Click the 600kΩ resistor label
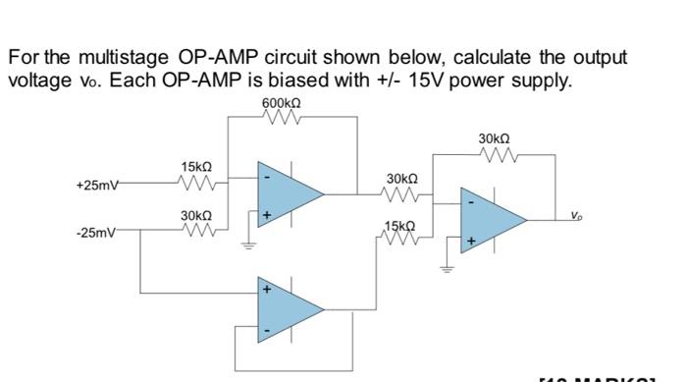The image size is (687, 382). click(281, 103)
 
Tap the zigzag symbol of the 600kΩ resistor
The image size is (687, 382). click(281, 118)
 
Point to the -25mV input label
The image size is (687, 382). click(96, 233)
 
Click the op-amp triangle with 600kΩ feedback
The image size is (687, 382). click(287, 193)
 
